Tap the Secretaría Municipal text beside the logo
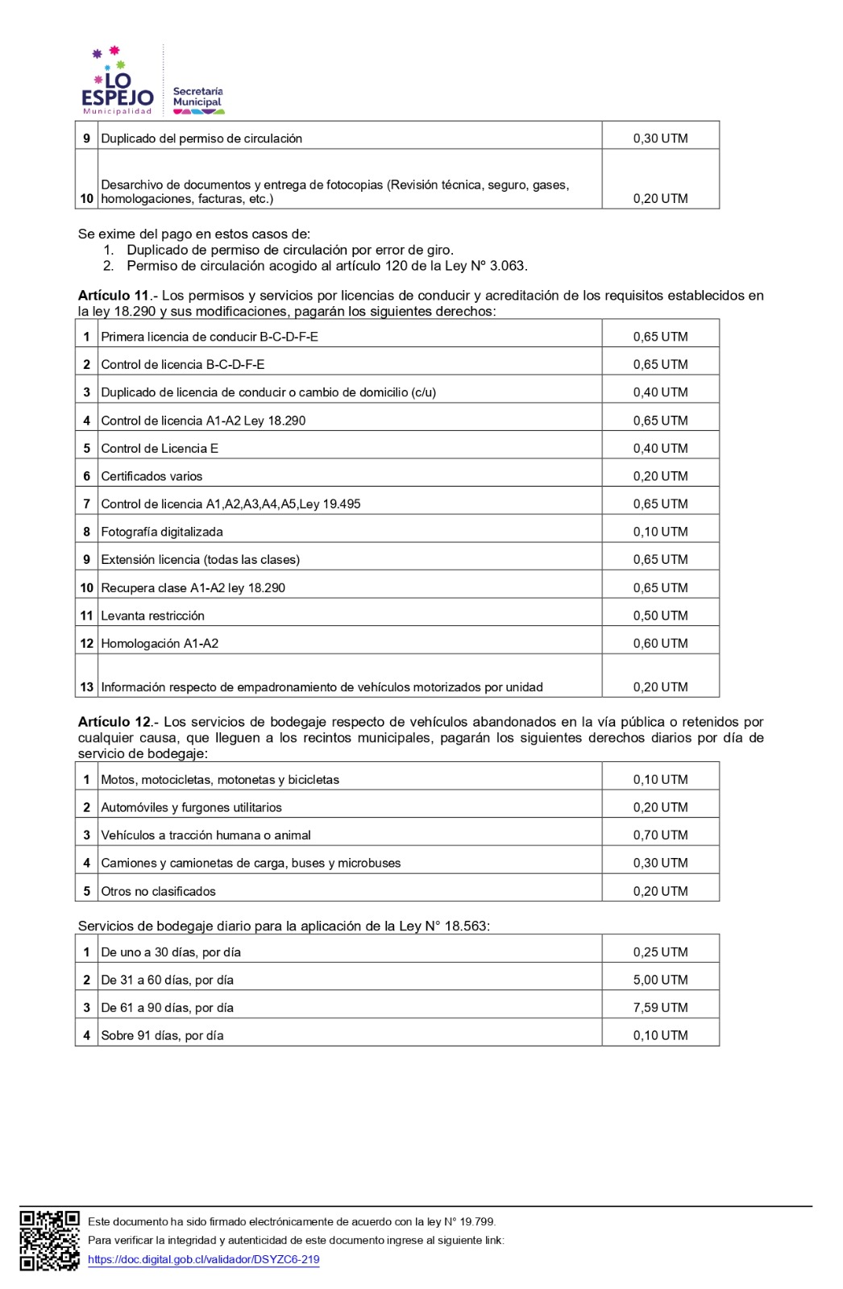pyautogui.click(x=197, y=97)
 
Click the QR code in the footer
pyautogui.click(x=49, y=1241)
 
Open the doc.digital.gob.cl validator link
pyautogui.click(x=203, y=1260)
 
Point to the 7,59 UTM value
pyautogui.click(x=660, y=1008)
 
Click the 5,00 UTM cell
pyautogui.click(x=660, y=980)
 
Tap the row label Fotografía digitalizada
pyautogui.click(x=162, y=532)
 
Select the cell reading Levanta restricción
pyautogui.click(x=152, y=615)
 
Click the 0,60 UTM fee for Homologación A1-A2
pyautogui.click(x=660, y=644)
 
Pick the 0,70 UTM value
pyautogui.click(x=660, y=835)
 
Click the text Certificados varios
pyautogui.click(x=152, y=476)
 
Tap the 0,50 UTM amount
pyautogui.click(x=660, y=615)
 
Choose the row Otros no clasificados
pyautogui.click(x=158, y=891)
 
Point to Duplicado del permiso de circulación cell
pyautogui.click(x=201, y=139)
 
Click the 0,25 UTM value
pyautogui.click(x=660, y=952)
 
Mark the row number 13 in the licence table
pyautogui.click(x=86, y=687)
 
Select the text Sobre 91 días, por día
pyautogui.click(x=162, y=1036)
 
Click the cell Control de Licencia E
pyautogui.click(x=160, y=449)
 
